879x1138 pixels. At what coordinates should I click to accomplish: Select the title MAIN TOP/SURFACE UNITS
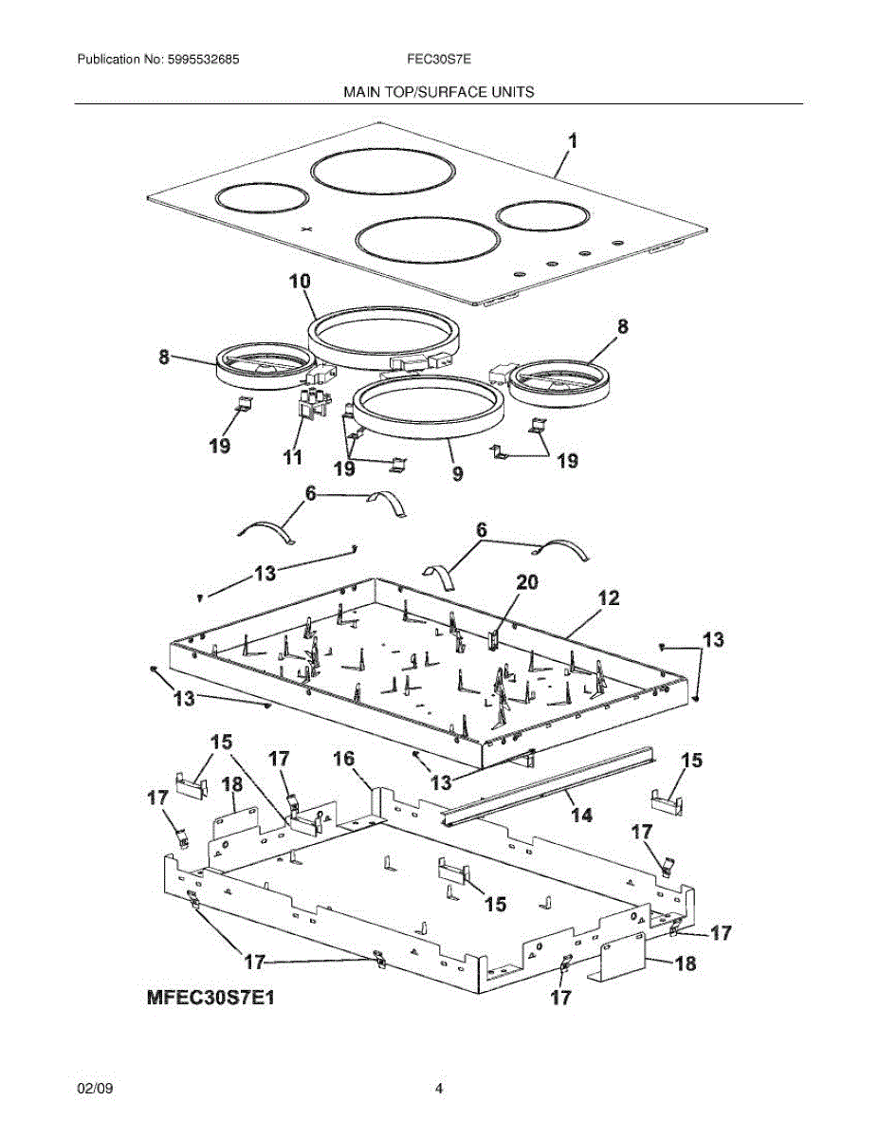pos(439,92)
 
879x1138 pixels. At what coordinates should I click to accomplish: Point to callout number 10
pos(300,282)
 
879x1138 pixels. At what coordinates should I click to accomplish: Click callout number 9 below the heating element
pos(458,471)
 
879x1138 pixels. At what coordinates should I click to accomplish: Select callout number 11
pos(292,457)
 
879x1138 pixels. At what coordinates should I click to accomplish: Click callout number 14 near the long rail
pos(580,815)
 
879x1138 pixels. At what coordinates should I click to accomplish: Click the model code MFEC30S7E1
pos(214,998)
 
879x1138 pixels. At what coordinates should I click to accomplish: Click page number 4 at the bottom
pos(439,1090)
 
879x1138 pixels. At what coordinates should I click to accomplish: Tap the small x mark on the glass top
pos(305,229)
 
